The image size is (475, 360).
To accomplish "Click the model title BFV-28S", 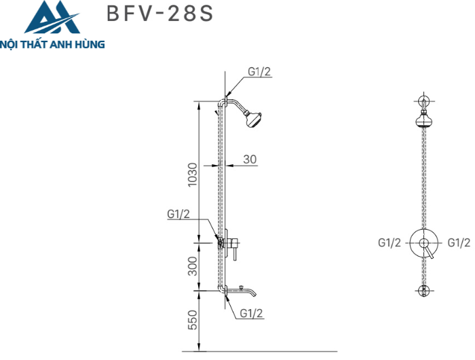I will click(x=160, y=14).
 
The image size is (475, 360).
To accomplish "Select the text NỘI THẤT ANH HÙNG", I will click(x=53, y=45).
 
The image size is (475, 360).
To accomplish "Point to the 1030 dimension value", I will click(x=193, y=175).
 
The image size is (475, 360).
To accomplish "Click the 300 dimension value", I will click(x=193, y=266).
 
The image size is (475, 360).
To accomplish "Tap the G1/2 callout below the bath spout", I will click(x=251, y=313).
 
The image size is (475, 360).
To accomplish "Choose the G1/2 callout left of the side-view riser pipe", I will click(x=178, y=214).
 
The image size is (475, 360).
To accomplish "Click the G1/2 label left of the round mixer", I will click(x=390, y=242).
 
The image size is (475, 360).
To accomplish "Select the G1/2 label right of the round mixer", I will click(x=459, y=242).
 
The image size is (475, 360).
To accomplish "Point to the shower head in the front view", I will click(x=425, y=122).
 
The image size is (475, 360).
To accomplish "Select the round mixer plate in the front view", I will click(x=425, y=242).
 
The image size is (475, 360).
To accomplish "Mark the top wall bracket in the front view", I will click(x=425, y=103).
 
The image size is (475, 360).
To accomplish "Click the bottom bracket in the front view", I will click(x=425, y=290).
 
